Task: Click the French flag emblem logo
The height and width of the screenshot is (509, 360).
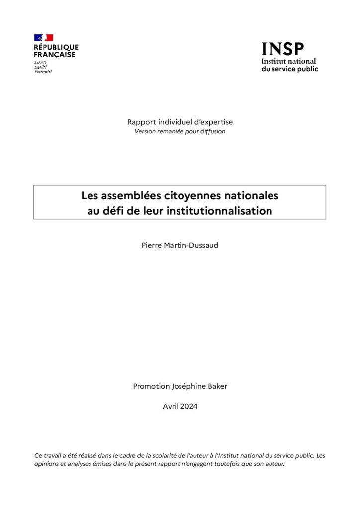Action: pos(44,38)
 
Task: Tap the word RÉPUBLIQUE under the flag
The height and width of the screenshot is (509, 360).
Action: pos(56,47)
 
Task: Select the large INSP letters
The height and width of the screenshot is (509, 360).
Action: pos(282,49)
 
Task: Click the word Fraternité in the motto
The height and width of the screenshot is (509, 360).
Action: pos(43,72)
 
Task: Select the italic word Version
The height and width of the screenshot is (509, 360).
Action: pos(145,131)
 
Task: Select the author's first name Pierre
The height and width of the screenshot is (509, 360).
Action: pos(152,245)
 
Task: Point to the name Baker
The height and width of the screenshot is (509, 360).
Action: pos(216,386)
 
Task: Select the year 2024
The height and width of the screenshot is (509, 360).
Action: pos(189,406)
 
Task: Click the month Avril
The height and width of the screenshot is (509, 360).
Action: pos(171,406)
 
